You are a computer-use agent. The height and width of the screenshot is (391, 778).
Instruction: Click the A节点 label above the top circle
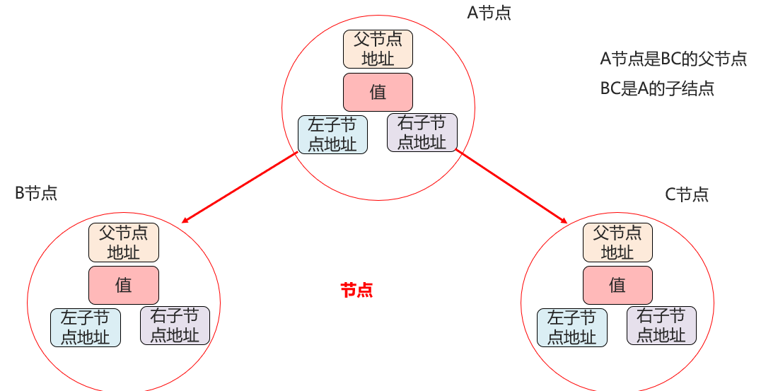coord(489,13)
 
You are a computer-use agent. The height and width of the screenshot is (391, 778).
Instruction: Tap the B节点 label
coord(36,193)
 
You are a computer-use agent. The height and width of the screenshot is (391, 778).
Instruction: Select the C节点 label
coord(687,194)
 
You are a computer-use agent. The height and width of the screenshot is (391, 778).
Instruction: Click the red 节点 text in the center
coord(356,290)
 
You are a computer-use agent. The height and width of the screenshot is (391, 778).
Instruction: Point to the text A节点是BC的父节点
coord(673,59)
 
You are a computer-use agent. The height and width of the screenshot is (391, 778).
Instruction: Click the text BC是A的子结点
coord(657,88)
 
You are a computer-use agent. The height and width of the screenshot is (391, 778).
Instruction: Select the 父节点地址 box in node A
coord(378,49)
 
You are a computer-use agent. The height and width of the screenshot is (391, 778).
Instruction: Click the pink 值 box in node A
coord(378,92)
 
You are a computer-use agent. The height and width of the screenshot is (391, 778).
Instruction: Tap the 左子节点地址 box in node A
coord(332,134)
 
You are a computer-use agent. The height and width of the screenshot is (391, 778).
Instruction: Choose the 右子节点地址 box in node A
coord(422,132)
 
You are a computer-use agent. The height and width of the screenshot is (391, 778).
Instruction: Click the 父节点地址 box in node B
coord(124,242)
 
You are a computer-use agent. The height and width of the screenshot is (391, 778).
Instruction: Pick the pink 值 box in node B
coord(124,285)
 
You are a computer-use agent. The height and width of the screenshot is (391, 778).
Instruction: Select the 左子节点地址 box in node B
coord(85,327)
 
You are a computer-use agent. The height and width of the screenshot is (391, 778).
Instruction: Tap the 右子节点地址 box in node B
coord(175,325)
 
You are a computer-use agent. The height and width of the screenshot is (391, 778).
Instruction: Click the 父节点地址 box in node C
coord(617,242)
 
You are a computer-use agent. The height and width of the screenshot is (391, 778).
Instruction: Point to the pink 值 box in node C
coord(617,285)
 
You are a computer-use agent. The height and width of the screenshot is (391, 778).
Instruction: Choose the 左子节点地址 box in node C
coord(571,327)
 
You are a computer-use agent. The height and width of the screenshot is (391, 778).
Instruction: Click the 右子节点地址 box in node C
coord(661,325)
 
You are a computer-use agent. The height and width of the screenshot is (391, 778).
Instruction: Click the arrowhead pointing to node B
coord(185,221)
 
